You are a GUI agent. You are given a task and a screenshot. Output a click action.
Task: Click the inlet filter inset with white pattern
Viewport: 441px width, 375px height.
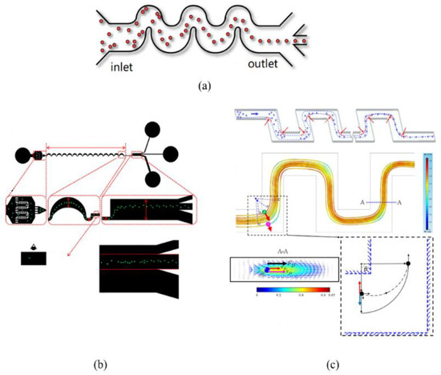tap(25, 215)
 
